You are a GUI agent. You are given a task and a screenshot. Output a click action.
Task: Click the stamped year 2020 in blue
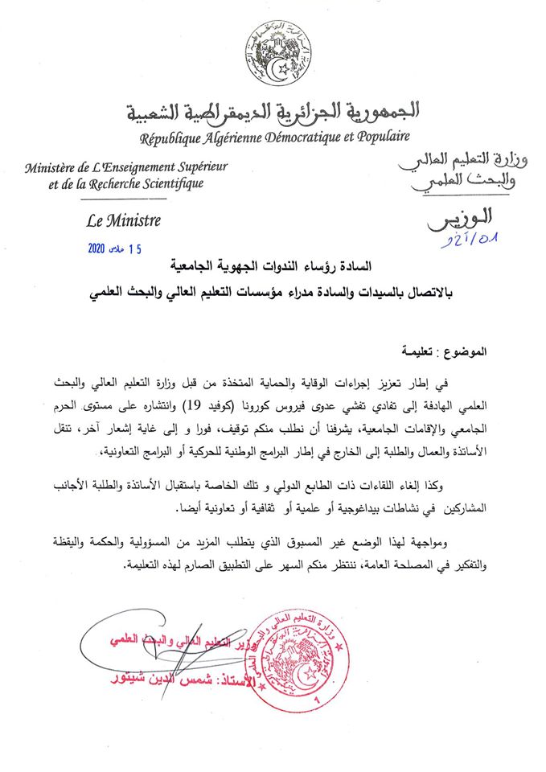[101, 248]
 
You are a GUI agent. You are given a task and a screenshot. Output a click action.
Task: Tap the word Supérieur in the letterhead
[198, 167]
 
